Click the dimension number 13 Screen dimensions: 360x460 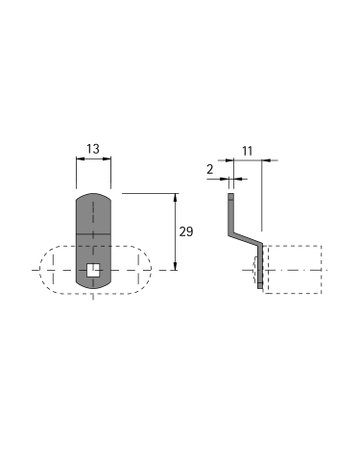[x=93, y=149]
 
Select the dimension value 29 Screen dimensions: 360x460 [x=186, y=231]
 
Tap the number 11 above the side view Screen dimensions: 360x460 [x=247, y=151]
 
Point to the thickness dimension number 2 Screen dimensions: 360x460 [x=210, y=169]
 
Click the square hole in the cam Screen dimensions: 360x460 [x=93, y=270]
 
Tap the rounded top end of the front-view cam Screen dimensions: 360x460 [x=93, y=195]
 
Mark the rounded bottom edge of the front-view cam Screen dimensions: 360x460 [x=93, y=285]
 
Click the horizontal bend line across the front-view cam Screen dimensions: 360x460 [x=93, y=234]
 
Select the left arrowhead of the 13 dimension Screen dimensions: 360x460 [x=80, y=159]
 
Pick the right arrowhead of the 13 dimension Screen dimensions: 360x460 [x=107, y=159]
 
